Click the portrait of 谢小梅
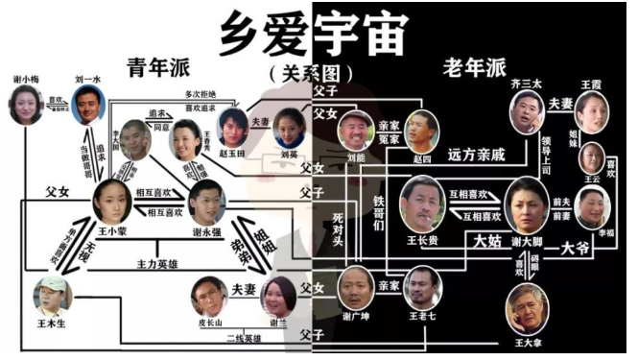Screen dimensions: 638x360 (26, 105)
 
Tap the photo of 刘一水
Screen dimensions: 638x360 (89, 104)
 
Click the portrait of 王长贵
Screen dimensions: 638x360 (419, 201)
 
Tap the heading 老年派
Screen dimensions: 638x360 (470, 67)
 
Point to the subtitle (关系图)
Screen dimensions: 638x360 (318, 73)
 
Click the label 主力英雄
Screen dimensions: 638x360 (160, 261)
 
